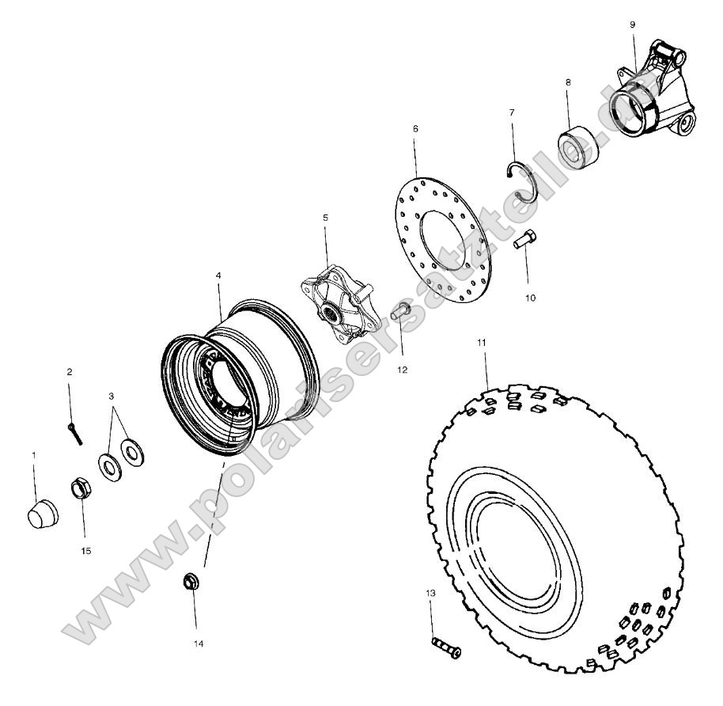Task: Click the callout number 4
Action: (218, 277)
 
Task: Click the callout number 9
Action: (632, 25)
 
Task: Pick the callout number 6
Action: (415, 128)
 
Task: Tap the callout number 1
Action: (34, 455)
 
